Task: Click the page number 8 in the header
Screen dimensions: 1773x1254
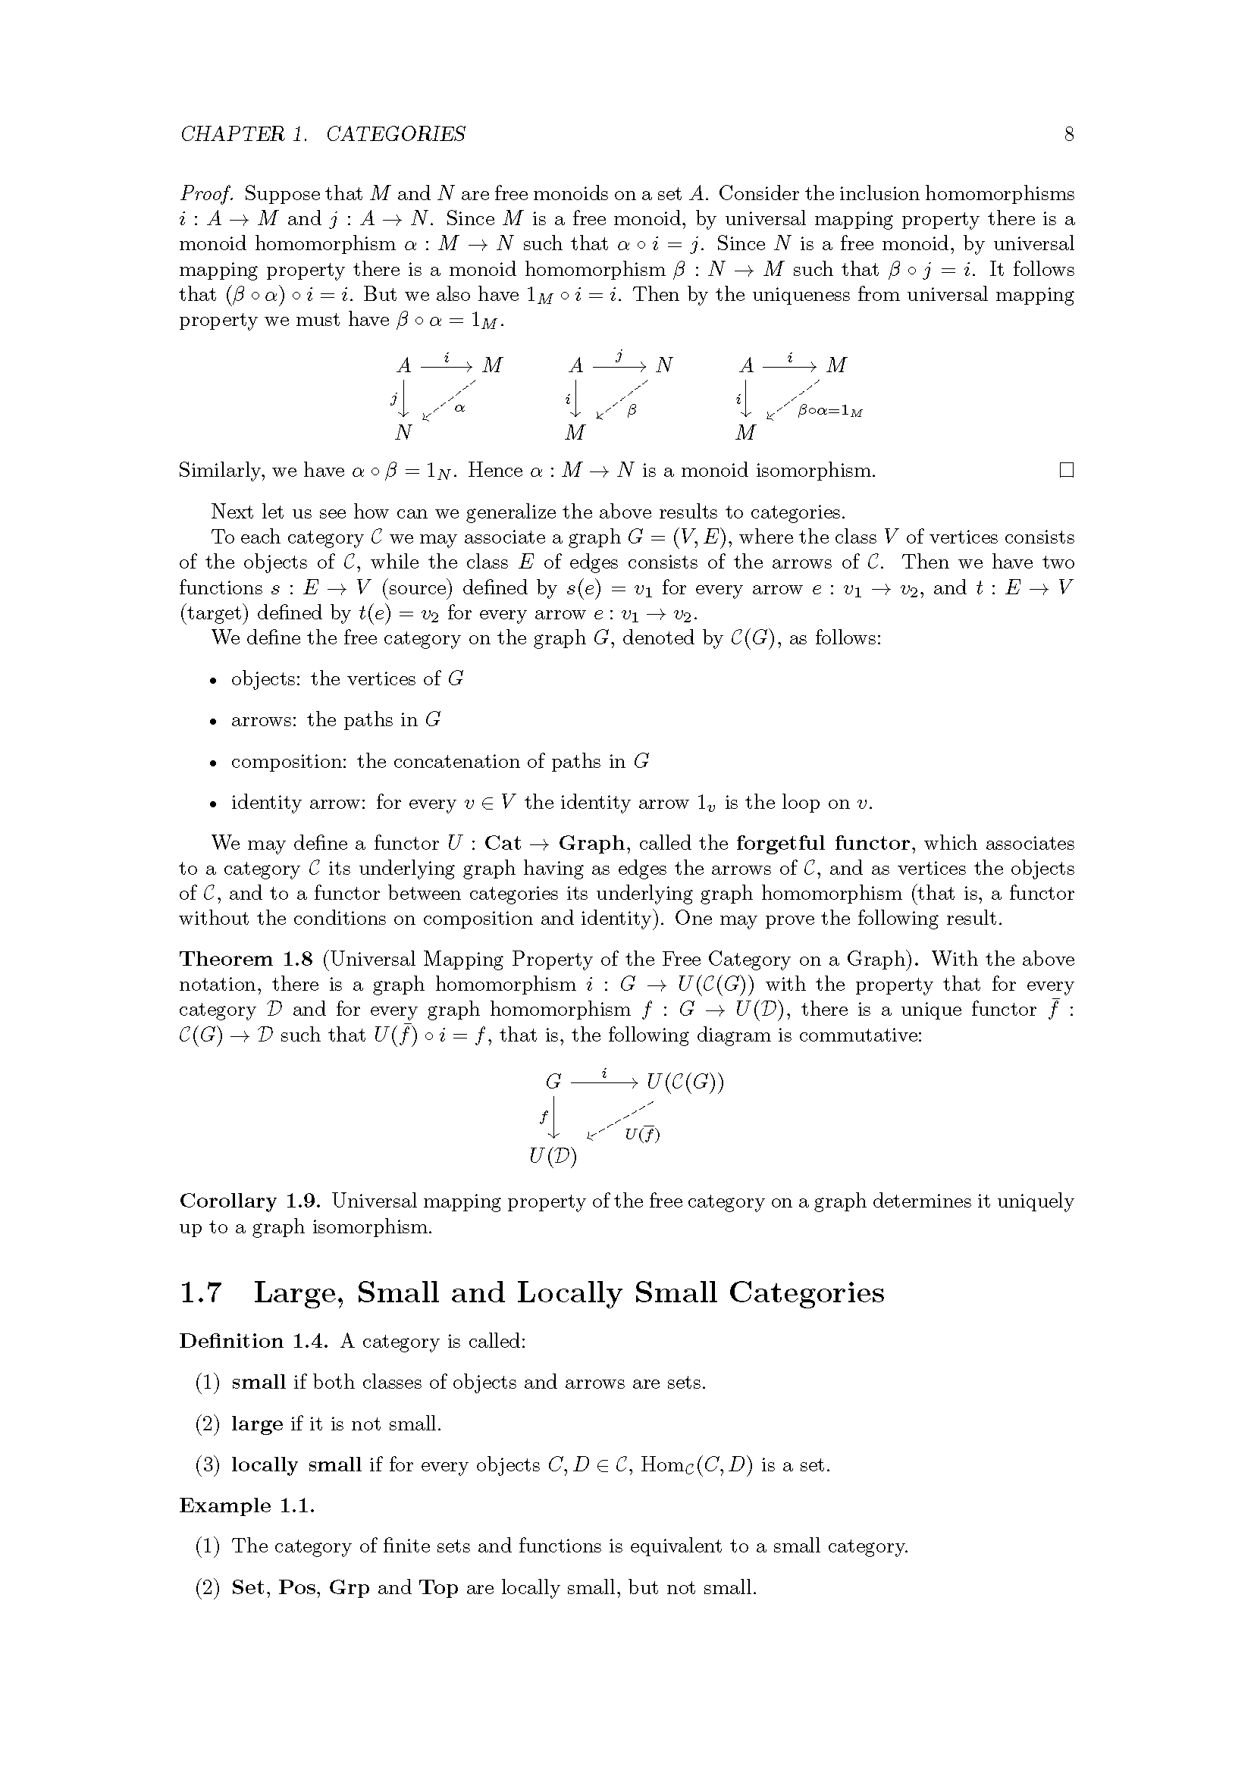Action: coord(1069,134)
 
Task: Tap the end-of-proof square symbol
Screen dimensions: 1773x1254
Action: coord(1067,470)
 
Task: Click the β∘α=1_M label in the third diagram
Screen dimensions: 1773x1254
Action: coord(830,412)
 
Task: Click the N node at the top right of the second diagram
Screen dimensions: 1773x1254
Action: coord(664,365)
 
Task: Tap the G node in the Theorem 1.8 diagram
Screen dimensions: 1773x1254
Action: coord(553,1082)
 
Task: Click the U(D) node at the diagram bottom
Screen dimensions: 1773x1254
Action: coord(553,1156)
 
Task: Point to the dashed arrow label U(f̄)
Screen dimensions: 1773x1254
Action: coord(641,1135)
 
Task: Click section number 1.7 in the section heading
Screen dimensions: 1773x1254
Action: coord(201,1293)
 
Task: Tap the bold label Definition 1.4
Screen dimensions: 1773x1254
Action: coord(253,1342)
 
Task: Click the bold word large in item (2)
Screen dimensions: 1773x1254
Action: coord(256,1424)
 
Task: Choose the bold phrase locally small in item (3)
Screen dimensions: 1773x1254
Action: coord(296,1465)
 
